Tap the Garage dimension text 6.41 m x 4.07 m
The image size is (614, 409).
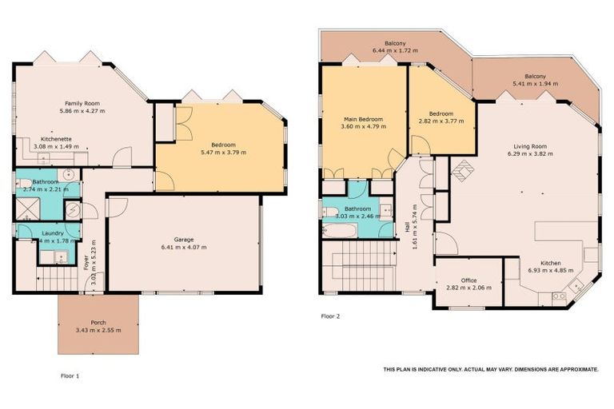coord(184,248)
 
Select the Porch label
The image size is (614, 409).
coord(98,322)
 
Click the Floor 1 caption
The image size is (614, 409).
coord(70,375)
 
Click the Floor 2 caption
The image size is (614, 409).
coord(331,316)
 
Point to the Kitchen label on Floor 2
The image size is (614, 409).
coord(549,263)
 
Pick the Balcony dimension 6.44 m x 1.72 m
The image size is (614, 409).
coord(394,50)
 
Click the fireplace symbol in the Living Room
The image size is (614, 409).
coord(463,170)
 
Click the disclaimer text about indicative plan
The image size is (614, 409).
coord(490,369)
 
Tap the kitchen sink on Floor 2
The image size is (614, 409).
coord(558,296)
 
